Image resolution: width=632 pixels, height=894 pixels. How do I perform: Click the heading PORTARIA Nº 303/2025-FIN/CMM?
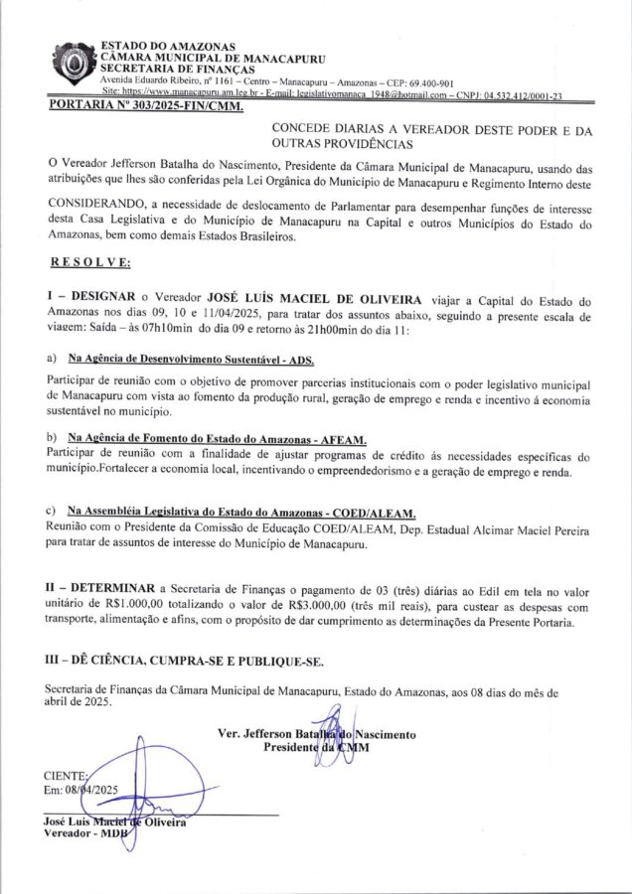pyautogui.click(x=146, y=105)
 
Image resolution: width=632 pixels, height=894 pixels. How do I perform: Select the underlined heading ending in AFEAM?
pyautogui.click(x=217, y=438)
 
